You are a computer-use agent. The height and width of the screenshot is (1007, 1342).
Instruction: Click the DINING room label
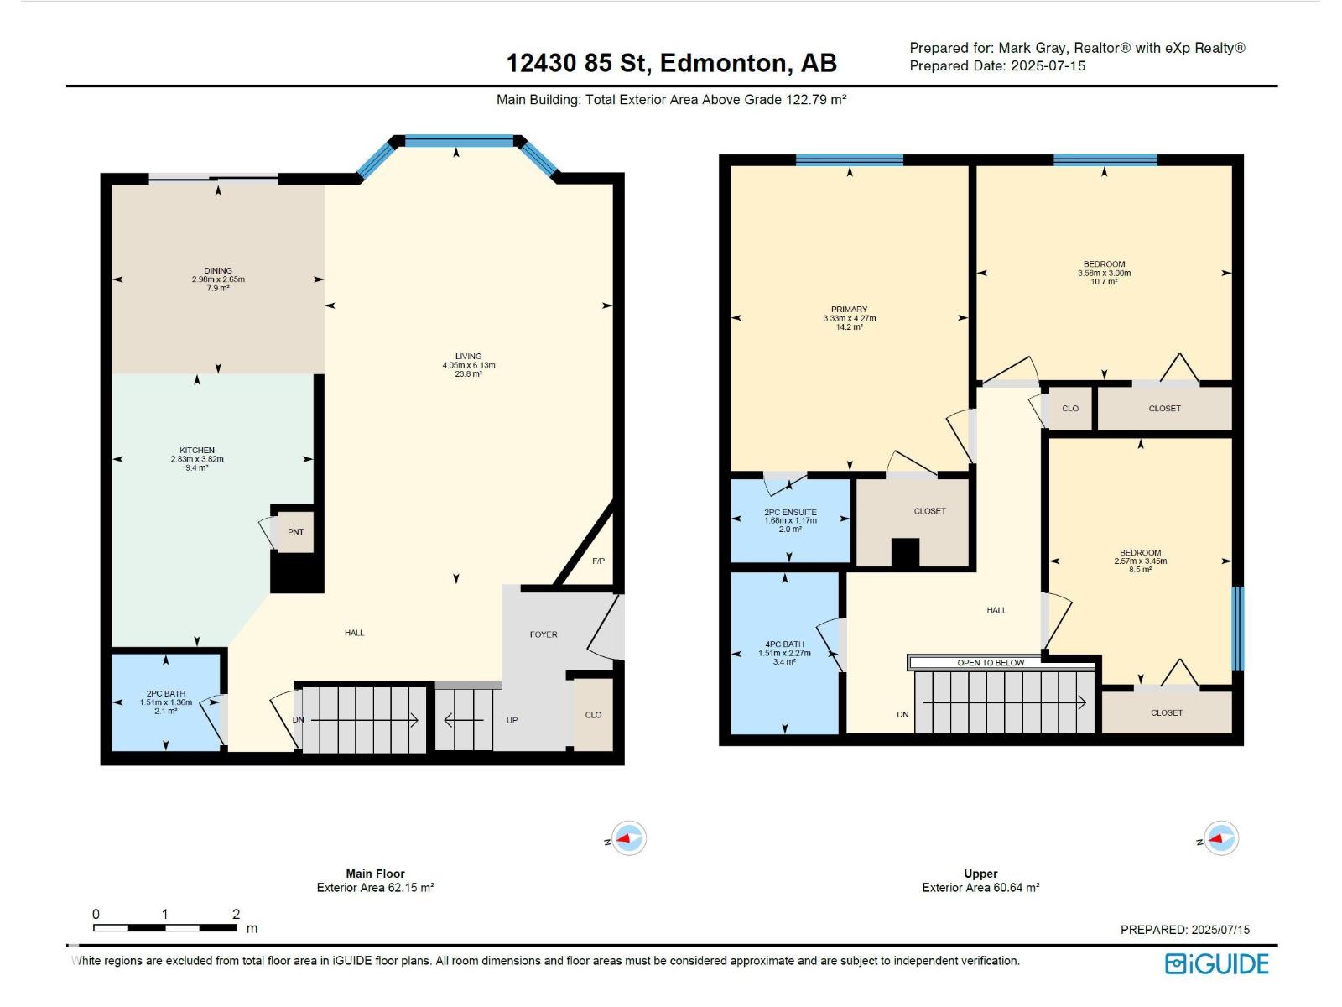click(218, 270)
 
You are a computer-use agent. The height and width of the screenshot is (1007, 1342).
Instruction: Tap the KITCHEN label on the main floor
click(197, 450)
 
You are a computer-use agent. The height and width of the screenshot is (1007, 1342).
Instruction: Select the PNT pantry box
click(295, 531)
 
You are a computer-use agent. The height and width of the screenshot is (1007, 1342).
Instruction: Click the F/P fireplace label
click(599, 561)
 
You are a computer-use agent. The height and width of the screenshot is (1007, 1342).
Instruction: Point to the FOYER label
click(544, 634)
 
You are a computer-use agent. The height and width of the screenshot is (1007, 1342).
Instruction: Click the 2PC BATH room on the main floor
click(166, 702)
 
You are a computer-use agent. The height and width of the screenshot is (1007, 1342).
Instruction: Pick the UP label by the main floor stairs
click(512, 720)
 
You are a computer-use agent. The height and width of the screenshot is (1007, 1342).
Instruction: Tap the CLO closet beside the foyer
click(593, 715)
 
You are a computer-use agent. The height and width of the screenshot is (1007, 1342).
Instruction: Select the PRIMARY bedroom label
click(849, 310)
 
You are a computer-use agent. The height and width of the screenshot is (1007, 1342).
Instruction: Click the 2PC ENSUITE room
click(790, 520)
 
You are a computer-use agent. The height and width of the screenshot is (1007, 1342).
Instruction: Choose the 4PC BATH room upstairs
click(784, 652)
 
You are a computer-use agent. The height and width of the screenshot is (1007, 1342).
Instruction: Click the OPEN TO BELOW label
click(991, 663)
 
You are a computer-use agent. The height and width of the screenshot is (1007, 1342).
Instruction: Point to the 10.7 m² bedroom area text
click(1104, 282)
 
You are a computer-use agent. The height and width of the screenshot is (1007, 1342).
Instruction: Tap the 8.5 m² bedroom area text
click(1140, 569)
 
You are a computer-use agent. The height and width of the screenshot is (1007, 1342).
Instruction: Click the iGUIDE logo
click(1216, 964)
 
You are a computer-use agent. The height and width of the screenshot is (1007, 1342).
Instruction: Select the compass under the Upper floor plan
click(1221, 838)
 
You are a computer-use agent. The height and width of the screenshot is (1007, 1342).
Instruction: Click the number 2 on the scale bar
click(236, 914)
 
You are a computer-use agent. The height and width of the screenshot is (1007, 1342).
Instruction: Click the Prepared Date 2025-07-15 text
click(997, 66)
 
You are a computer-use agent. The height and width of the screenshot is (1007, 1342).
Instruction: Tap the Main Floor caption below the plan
click(376, 874)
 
